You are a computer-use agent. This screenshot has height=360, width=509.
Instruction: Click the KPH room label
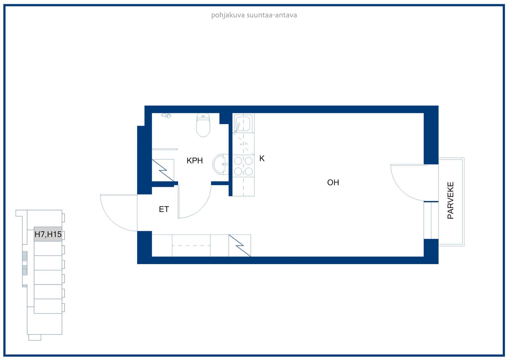pyautogui.click(x=194, y=160)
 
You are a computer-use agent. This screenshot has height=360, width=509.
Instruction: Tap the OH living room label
pyautogui.click(x=333, y=182)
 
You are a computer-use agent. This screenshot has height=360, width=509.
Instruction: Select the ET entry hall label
pyautogui.click(x=164, y=209)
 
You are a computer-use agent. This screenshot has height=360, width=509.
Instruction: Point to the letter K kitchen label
pyautogui.click(x=262, y=159)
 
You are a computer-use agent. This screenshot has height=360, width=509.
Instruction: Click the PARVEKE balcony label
pyautogui.click(x=450, y=200)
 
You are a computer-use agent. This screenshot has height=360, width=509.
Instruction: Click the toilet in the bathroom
pyautogui.click(x=203, y=125)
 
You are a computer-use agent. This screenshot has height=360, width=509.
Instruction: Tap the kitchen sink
pyautogui.click(x=242, y=124)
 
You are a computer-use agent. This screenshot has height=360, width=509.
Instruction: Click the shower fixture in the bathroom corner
pyautogui.click(x=167, y=116)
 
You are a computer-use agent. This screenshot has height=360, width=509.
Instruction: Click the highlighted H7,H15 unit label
pyautogui.click(x=48, y=234)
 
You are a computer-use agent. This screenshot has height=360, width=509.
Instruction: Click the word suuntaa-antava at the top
pyautogui.click(x=272, y=15)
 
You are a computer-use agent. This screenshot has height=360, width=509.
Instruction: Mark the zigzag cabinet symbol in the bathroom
pyautogui.click(x=163, y=170)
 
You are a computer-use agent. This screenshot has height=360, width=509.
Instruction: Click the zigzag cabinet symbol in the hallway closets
pyautogui.click(x=240, y=246)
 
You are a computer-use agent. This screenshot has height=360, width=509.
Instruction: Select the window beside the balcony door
pyautogui.click(x=431, y=220)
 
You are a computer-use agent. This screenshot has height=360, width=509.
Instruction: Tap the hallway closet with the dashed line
pyautogui.click(x=191, y=246)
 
